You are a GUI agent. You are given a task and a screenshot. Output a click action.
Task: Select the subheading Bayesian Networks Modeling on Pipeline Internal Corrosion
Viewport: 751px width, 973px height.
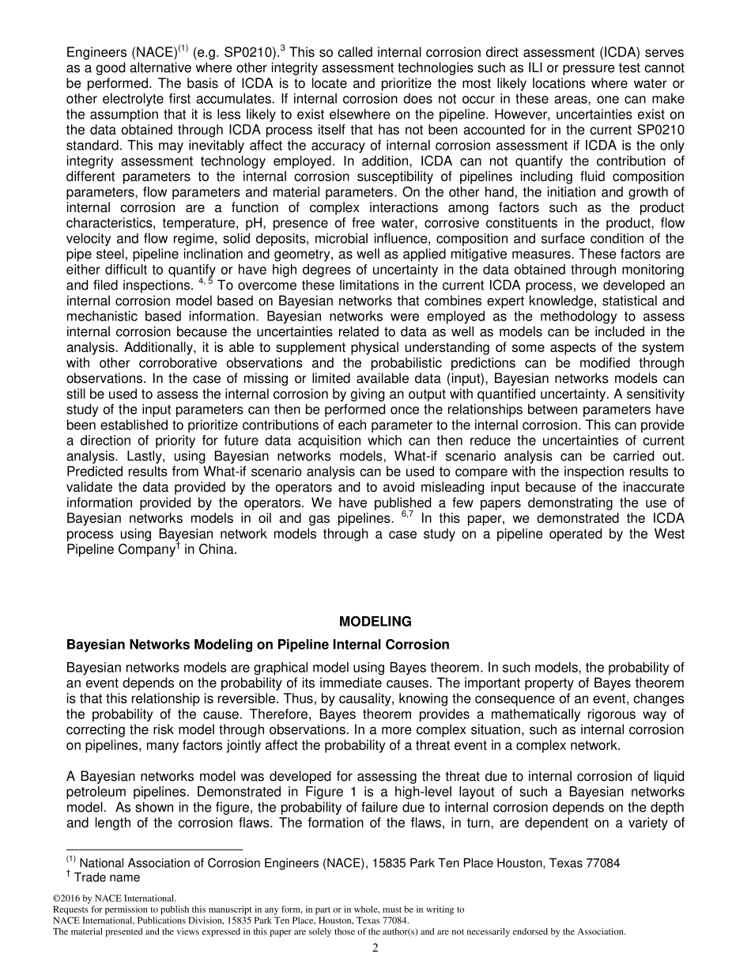point(258,644)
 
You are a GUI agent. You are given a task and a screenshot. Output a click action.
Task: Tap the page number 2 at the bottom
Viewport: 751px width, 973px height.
point(375,948)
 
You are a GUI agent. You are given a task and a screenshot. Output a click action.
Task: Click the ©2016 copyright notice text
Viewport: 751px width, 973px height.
point(113,898)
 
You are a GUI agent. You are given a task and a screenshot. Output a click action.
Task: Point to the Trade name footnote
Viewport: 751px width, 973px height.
point(107,876)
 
